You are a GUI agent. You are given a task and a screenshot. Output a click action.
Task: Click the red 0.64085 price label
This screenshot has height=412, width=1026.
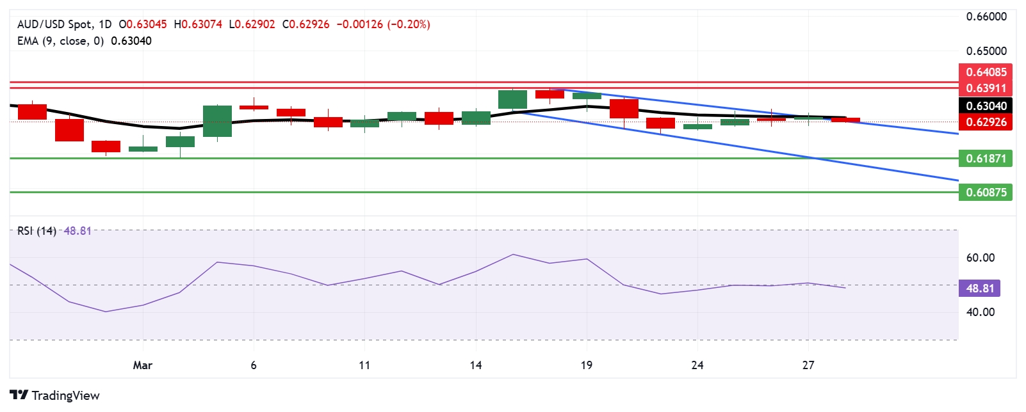pyautogui.click(x=986, y=72)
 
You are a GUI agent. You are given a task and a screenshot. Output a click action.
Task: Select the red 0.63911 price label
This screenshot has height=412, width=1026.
pyautogui.click(x=986, y=88)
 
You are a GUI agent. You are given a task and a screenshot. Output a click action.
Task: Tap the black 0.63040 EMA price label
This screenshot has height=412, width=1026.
pyautogui.click(x=986, y=106)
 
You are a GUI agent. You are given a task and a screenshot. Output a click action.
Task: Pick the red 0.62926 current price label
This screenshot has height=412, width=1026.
pyautogui.click(x=986, y=122)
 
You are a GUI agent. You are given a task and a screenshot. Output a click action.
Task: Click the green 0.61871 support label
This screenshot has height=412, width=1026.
pyautogui.click(x=986, y=158)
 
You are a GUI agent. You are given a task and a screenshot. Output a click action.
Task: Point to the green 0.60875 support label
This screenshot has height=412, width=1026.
pyautogui.click(x=986, y=192)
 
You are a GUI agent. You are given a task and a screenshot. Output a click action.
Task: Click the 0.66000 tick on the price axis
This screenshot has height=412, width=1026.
pyautogui.click(x=986, y=17)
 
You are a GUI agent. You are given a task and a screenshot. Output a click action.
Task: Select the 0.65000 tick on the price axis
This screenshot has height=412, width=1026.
pyautogui.click(x=986, y=51)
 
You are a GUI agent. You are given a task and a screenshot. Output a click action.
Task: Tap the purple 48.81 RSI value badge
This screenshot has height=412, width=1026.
pyautogui.click(x=979, y=288)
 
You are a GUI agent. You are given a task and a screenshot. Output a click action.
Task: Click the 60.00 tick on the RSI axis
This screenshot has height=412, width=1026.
pyautogui.click(x=981, y=258)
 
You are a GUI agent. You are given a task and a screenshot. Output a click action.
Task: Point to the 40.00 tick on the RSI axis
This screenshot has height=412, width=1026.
pyautogui.click(x=981, y=312)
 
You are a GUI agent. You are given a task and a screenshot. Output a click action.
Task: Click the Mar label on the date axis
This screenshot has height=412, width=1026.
pyautogui.click(x=142, y=365)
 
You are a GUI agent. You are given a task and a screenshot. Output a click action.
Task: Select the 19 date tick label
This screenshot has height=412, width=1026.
pyautogui.click(x=586, y=365)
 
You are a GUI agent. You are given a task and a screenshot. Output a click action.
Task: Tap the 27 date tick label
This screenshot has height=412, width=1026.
pyautogui.click(x=808, y=365)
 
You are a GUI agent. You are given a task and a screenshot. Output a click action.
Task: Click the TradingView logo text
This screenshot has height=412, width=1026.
pyautogui.click(x=65, y=395)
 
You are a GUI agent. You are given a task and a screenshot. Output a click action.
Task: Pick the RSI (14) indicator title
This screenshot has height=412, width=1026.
pyautogui.click(x=37, y=231)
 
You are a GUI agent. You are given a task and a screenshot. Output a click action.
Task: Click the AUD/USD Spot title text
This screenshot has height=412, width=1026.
pyautogui.click(x=54, y=24)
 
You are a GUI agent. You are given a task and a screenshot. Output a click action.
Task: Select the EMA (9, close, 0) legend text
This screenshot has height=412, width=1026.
pyautogui.click(x=60, y=41)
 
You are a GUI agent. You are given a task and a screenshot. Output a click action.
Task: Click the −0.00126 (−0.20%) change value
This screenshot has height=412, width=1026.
pyautogui.click(x=383, y=24)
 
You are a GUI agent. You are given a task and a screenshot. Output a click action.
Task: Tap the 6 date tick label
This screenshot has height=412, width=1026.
pyautogui.click(x=254, y=365)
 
